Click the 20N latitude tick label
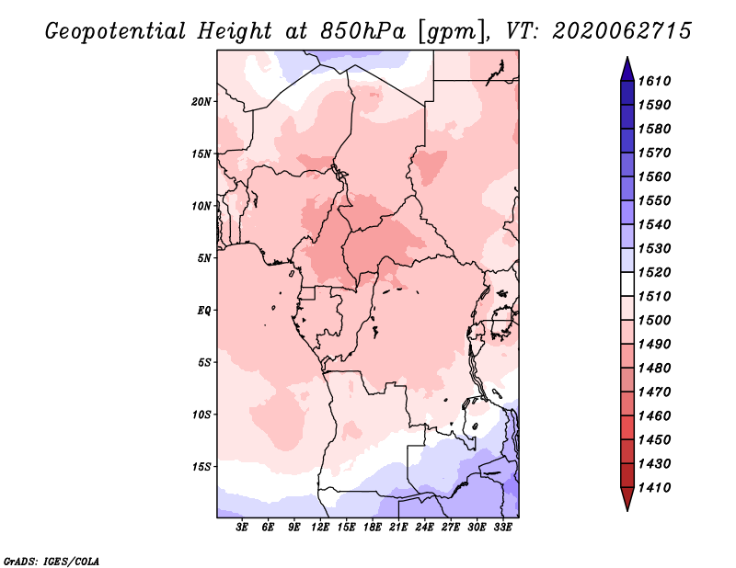click(x=201, y=102)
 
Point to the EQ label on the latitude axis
click(x=204, y=311)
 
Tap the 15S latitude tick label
click(x=201, y=467)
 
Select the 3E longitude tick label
click(x=242, y=528)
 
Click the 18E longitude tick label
click(x=373, y=528)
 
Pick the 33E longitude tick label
click(x=502, y=528)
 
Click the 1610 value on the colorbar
click(x=654, y=81)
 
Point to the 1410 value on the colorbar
click(x=654, y=488)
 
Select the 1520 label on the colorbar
click(x=654, y=272)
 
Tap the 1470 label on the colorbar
click(x=654, y=392)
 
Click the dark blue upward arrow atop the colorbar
click(x=627, y=70)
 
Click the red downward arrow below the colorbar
click(x=627, y=498)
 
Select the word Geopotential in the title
click(x=116, y=32)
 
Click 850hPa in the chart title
click(x=363, y=31)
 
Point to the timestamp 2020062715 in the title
click(x=622, y=31)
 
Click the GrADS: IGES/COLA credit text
click(x=52, y=562)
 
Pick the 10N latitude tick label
click(x=201, y=206)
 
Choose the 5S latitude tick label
click(x=204, y=362)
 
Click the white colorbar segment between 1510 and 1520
click(x=627, y=284)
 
